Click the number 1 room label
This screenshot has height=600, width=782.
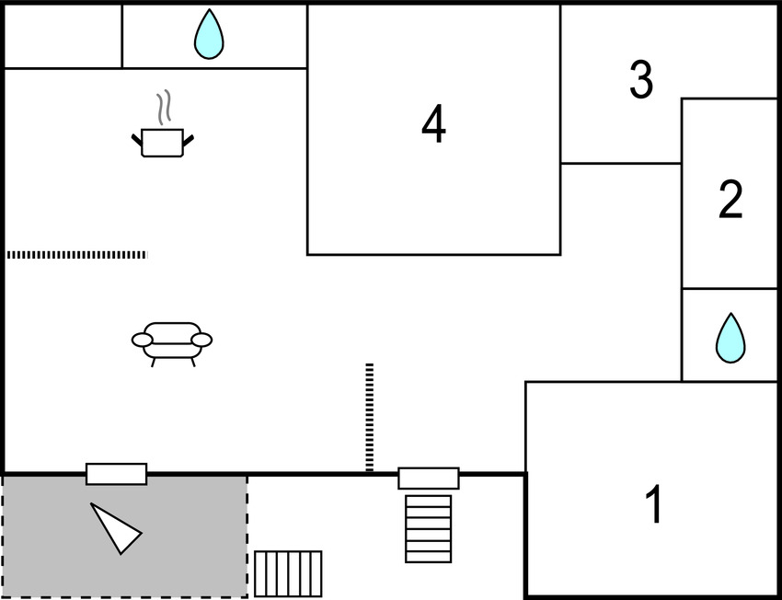coord(653,504)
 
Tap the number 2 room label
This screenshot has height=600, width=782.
coord(730,200)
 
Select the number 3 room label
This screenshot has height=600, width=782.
coord(641,80)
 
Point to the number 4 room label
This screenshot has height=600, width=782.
coord(433,124)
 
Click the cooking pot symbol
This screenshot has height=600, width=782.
coord(163,142)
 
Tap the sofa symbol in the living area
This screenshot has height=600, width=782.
coord(172,341)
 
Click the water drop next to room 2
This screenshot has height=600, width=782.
coord(730,338)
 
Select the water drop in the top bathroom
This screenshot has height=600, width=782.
coord(209,35)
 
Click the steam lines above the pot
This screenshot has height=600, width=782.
coord(164,107)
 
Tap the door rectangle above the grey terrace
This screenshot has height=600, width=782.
coord(116,474)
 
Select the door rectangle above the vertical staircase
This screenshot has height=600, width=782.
coord(428,479)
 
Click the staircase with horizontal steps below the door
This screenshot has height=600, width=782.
coord(428,528)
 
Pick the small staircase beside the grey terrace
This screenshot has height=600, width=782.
coord(288,573)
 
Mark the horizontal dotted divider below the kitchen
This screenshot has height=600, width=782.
coord(76,254)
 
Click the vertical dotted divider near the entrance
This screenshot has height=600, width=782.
coord(369,417)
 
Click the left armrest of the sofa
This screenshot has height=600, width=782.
coord(143,340)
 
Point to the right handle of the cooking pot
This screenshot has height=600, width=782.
coord(189,140)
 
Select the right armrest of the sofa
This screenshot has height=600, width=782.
coord(201,340)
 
